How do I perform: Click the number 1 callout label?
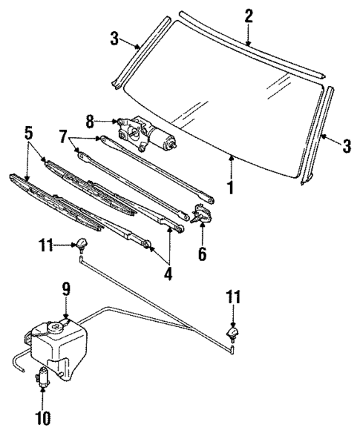tap(231, 187)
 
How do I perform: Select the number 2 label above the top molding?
tap(249, 16)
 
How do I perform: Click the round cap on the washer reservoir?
tap(53, 327)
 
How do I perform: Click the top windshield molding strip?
tap(252, 47)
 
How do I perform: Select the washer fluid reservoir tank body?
tap(59, 348)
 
